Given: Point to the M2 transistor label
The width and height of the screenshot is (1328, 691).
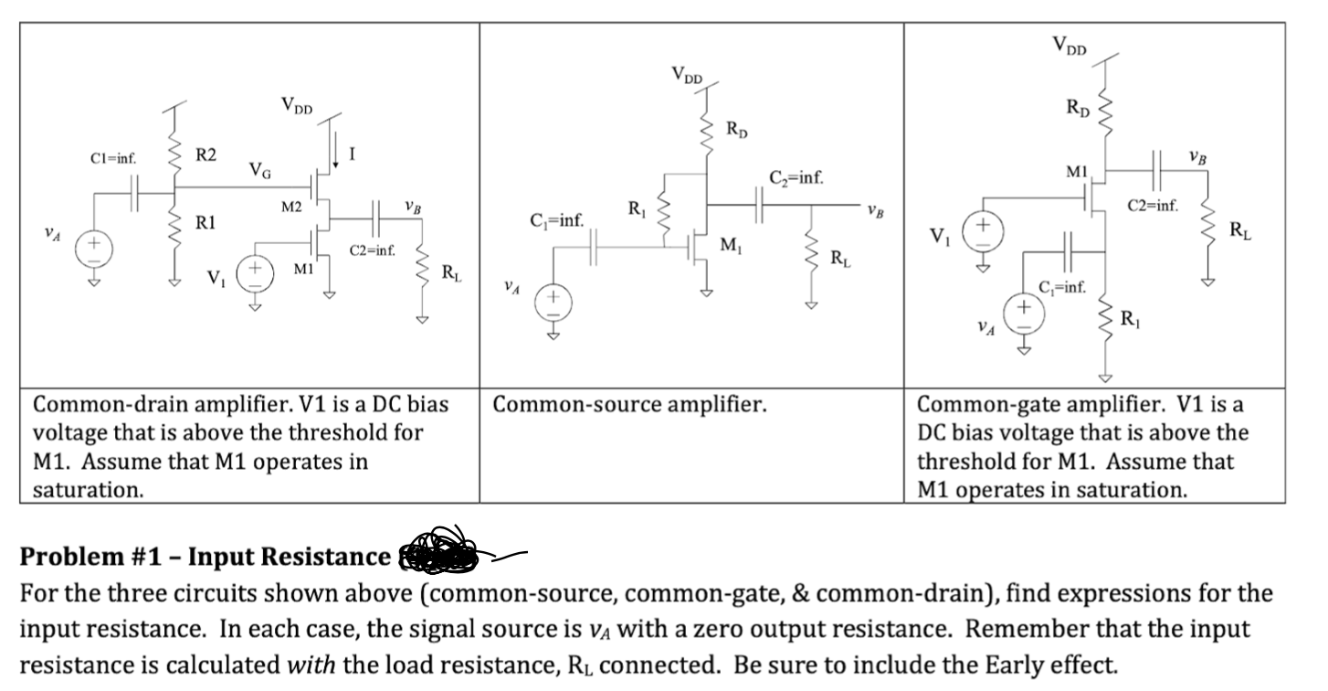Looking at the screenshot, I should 290,207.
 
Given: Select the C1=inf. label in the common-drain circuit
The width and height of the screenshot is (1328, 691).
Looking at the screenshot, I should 113,157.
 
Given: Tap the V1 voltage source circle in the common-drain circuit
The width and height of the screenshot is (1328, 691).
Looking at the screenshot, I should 255,272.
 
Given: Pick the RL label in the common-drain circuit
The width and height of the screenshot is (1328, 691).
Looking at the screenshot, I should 450,271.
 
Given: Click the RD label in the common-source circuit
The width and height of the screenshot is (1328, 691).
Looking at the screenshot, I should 737,130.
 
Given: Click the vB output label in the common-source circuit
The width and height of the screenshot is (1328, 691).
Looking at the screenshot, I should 876,212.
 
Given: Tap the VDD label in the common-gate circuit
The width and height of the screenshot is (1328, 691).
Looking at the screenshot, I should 1070,45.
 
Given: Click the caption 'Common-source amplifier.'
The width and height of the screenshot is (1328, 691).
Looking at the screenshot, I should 629,404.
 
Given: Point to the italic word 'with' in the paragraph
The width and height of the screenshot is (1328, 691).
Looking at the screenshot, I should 308,663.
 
